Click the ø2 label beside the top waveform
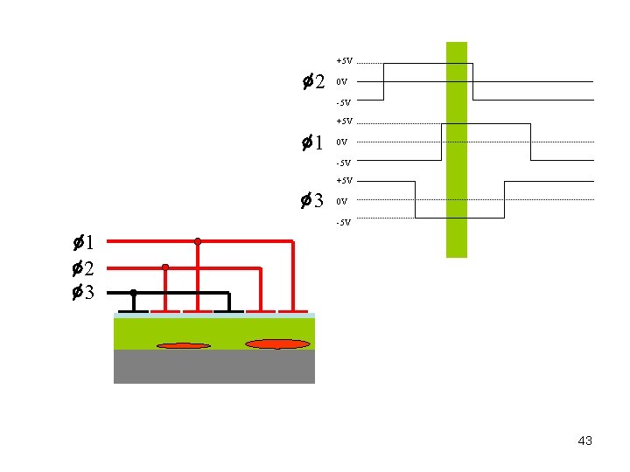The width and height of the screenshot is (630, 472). [313, 82]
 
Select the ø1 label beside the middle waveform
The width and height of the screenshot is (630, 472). [313, 142]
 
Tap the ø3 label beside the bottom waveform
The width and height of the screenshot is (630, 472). [313, 202]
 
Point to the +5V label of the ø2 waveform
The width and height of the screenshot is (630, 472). [344, 61]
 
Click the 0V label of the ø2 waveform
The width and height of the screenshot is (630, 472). [341, 82]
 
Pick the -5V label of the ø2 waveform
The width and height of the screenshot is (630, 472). [343, 103]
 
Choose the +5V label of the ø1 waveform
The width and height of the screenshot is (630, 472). [344, 121]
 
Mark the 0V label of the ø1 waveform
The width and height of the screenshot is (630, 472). [341, 142]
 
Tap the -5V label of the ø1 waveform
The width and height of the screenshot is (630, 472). [343, 163]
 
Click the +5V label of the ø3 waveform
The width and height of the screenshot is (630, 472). [344, 181]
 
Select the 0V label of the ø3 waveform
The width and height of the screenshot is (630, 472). [341, 202]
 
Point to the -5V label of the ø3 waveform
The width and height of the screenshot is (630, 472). [343, 222]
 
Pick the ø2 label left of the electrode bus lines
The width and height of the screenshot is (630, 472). [84, 267]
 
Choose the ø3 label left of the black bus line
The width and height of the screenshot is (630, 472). [84, 293]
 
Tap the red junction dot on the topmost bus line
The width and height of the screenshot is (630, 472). [198, 240]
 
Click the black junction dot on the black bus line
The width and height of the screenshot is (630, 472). [133, 292]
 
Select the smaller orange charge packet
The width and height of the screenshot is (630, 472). [184, 345]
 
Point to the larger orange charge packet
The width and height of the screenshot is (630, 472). [277, 344]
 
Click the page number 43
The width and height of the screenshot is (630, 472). [585, 441]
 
